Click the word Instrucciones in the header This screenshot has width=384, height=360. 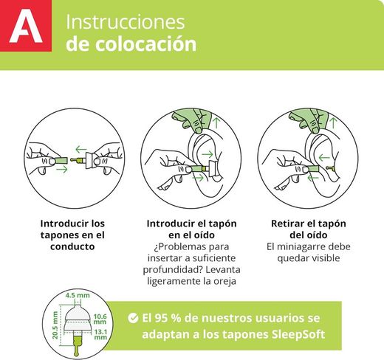click(125, 22)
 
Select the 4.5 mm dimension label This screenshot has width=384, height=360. click(78, 295)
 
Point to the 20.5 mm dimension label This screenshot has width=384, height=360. click(55, 325)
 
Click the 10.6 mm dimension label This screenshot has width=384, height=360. click(100, 319)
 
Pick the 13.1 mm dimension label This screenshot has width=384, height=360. click(100, 334)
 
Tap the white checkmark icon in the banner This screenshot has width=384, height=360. click(133, 318)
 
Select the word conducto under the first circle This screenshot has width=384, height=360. click(72, 246)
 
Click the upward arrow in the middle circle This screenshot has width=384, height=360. click(216, 123)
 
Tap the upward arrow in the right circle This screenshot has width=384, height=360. click(333, 123)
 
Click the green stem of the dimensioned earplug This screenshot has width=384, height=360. click(77, 344)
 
